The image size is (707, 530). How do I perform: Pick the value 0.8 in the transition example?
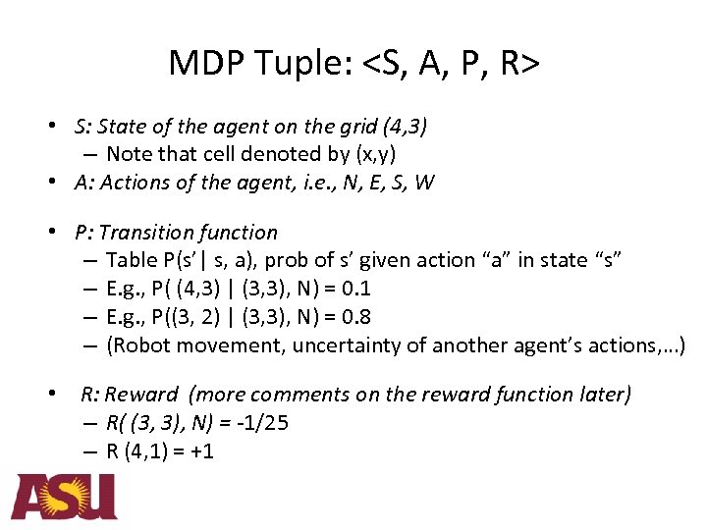point(351,317)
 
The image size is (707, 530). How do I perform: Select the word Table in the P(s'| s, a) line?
point(130,260)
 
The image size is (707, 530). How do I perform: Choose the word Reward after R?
point(142,395)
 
